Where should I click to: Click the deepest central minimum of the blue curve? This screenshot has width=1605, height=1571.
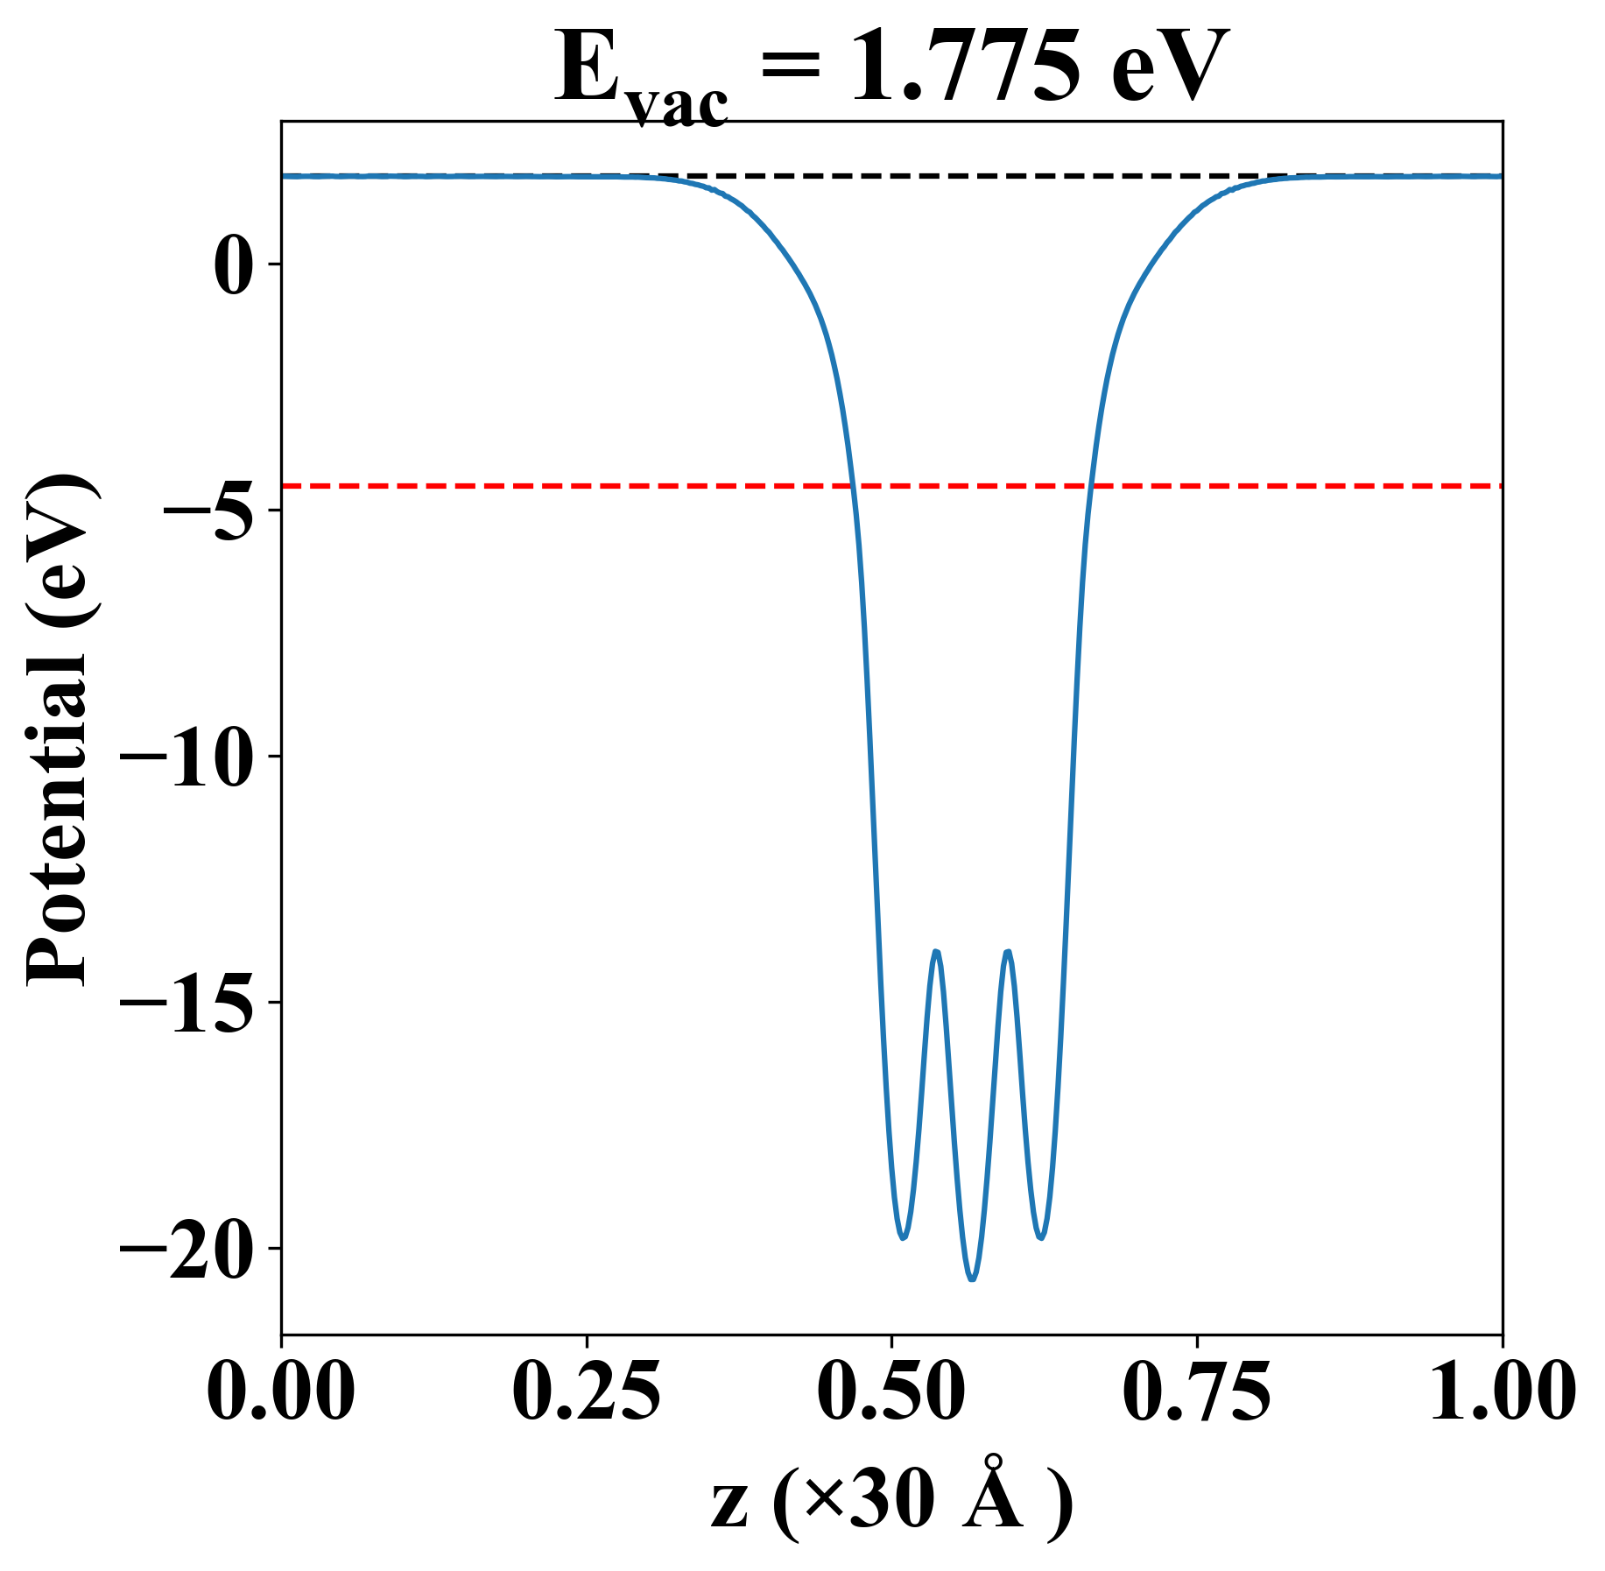coord(972,1279)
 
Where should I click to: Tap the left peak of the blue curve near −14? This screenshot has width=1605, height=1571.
coord(936,951)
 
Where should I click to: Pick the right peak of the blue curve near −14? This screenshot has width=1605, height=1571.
coord(1008,951)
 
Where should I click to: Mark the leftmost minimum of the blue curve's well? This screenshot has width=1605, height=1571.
coord(903,1237)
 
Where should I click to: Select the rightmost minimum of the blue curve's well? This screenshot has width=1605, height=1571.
coord(1041,1237)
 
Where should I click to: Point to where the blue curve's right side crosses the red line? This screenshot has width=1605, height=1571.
coord(1091,485)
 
